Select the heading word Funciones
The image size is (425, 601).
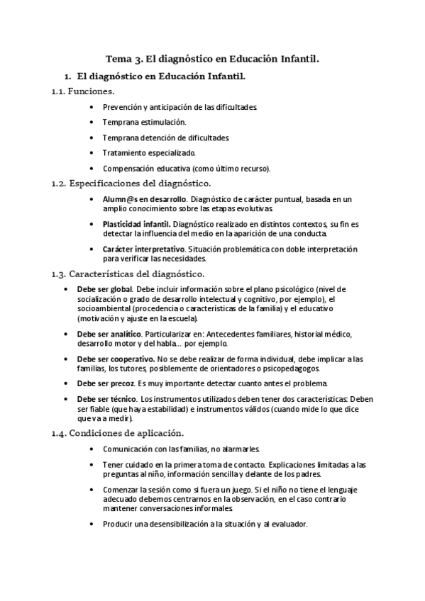(92, 91)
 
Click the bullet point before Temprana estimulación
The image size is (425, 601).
(93, 123)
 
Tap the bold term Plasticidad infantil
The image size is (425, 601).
(136, 224)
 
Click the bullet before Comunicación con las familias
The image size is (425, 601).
(93, 449)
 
